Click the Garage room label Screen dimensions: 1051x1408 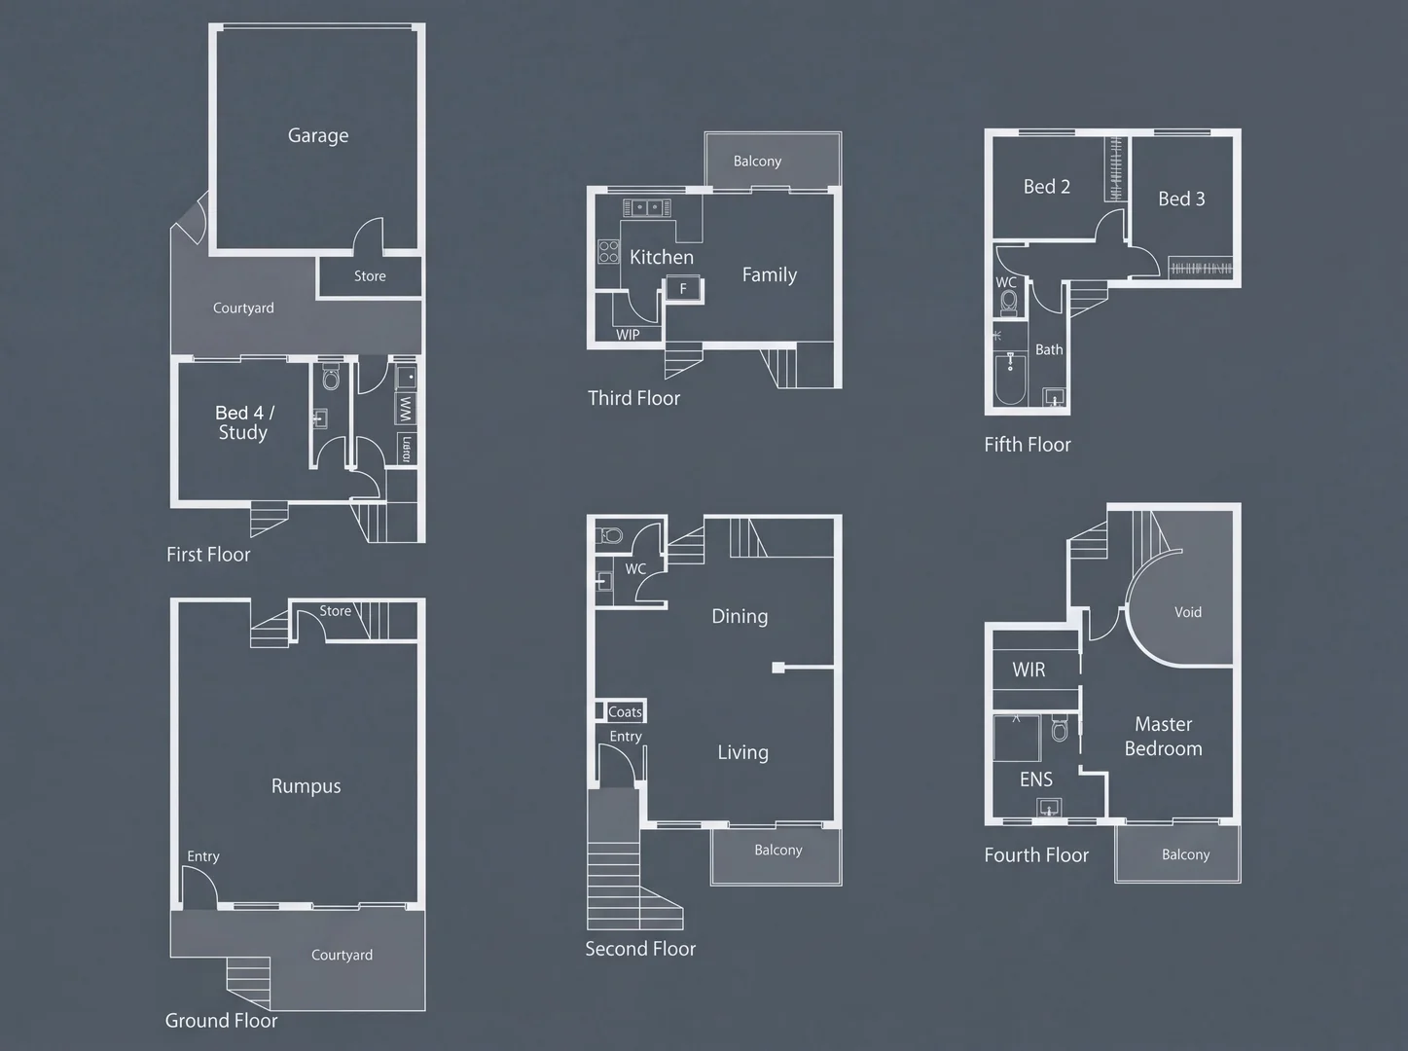318,136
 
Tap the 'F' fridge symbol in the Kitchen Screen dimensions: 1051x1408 683,289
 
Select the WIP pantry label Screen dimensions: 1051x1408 628,335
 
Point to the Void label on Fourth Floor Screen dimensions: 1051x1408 1187,612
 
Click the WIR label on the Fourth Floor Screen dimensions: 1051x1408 1029,670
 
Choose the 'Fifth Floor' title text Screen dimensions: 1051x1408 1027,445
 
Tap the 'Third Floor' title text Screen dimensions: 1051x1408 633,398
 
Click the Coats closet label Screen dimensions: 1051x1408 625,712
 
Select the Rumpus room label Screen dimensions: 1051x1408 306,786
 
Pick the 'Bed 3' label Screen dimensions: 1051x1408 1181,199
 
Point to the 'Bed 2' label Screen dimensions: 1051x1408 1046,187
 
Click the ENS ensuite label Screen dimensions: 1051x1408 1035,779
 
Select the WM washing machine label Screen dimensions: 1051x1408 406,409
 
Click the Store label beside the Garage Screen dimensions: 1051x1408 370,276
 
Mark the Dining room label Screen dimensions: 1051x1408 740,616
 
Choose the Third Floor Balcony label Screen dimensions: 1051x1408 757,162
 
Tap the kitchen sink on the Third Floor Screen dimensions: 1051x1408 647,207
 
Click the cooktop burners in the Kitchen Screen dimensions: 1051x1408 609,252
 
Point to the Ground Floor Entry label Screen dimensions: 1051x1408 202,856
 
